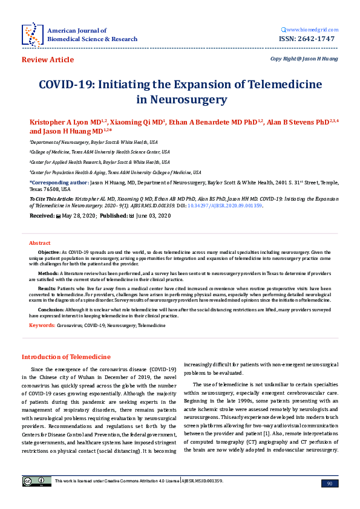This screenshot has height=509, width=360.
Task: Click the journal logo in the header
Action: click(31, 34)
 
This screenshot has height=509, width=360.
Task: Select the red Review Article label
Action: click(48, 60)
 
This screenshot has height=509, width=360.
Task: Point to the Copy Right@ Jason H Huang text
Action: click(304, 59)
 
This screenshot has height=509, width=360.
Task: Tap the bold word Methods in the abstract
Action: click(48, 273)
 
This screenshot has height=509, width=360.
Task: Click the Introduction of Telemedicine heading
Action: click(66, 357)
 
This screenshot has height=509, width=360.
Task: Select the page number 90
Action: click(329, 483)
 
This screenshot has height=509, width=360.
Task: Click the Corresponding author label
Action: click(58, 181)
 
